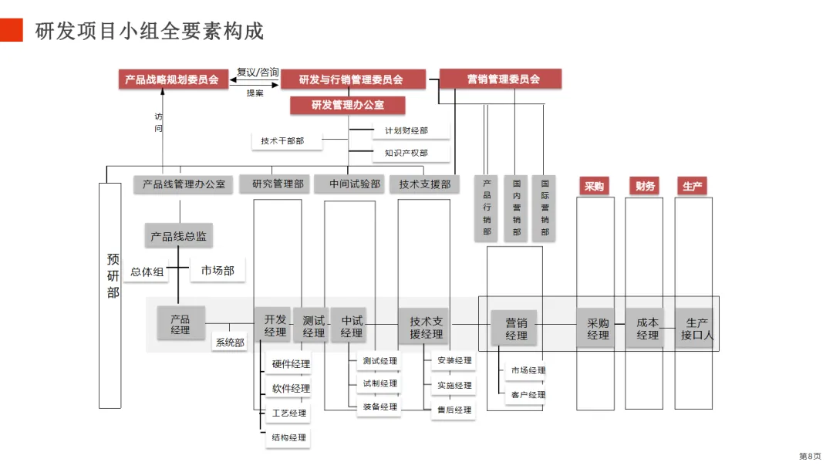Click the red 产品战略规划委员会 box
click(x=173, y=79)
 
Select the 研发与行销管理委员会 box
click(x=352, y=79)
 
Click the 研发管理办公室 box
click(x=348, y=105)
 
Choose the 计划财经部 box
click(x=406, y=131)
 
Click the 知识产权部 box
click(x=406, y=153)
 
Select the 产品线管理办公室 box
click(x=184, y=184)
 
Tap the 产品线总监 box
click(x=178, y=236)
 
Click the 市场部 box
click(x=218, y=271)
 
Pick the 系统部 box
click(x=229, y=342)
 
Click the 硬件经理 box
click(x=291, y=364)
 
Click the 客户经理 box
click(x=528, y=395)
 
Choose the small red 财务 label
click(x=646, y=186)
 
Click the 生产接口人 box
click(x=697, y=329)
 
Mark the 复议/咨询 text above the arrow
click(x=257, y=72)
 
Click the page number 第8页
click(x=810, y=456)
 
